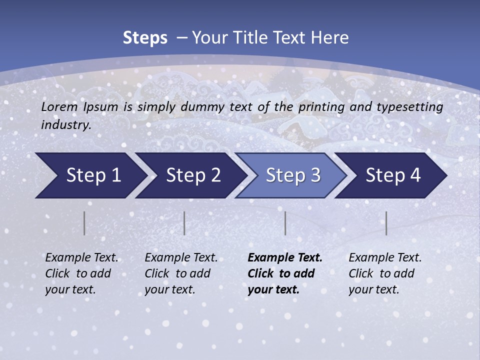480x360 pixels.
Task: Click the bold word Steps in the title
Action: pos(145,37)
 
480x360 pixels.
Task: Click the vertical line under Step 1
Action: pos(84,223)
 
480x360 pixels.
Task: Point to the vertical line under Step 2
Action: pos(184,223)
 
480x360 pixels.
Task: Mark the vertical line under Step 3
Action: pos(285,223)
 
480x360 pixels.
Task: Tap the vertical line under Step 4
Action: pos(386,223)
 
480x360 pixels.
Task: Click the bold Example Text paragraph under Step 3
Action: pos(285,273)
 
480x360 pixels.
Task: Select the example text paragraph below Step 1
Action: pos(81,273)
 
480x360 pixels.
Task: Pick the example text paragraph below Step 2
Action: pos(181,273)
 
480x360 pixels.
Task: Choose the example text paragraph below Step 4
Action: pos(385,273)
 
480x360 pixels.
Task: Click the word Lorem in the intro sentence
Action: pos(59,106)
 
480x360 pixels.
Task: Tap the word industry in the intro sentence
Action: pos(66,124)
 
